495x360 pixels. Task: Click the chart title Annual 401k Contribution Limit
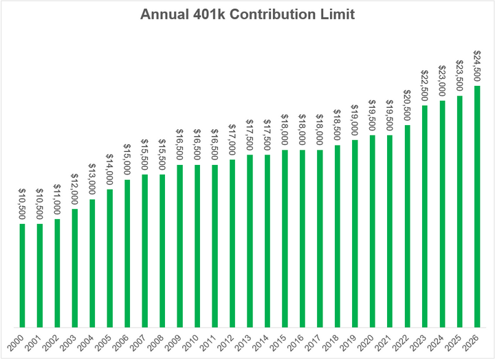pyautogui.click(x=247, y=14)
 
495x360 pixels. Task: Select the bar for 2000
pyautogui.click(x=22, y=275)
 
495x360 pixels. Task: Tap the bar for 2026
pyautogui.click(x=477, y=206)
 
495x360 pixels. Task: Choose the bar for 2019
pyautogui.click(x=355, y=234)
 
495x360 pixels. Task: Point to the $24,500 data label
pyautogui.click(x=477, y=66)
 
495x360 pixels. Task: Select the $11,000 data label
pyautogui.click(x=57, y=199)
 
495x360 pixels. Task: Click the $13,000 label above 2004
pyautogui.click(x=92, y=179)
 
